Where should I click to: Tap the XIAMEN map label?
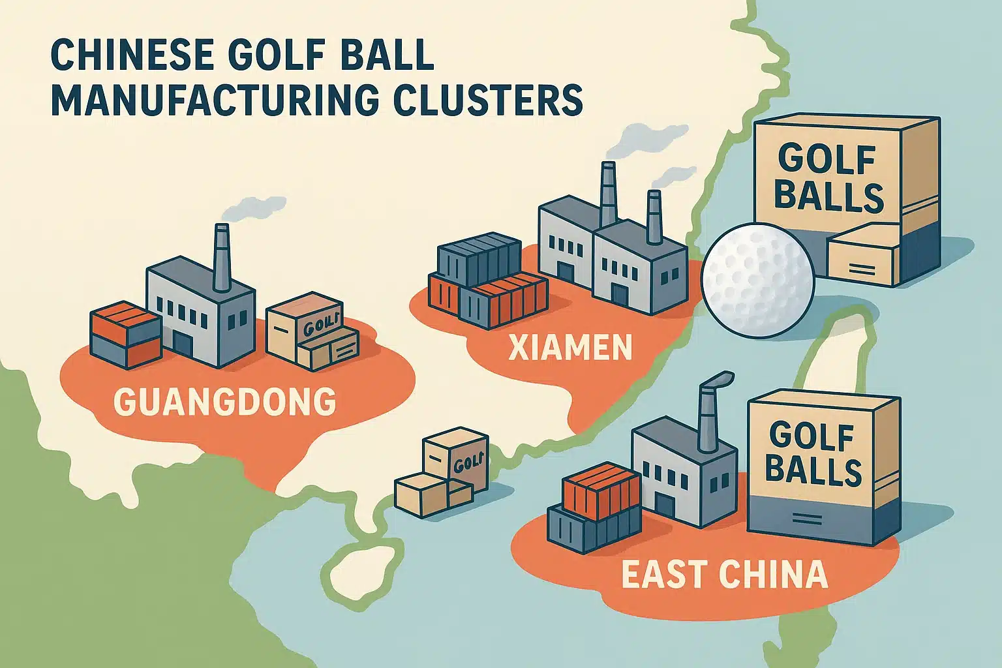[569, 346]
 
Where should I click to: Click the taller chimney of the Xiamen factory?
[607, 192]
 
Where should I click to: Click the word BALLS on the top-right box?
[830, 196]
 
